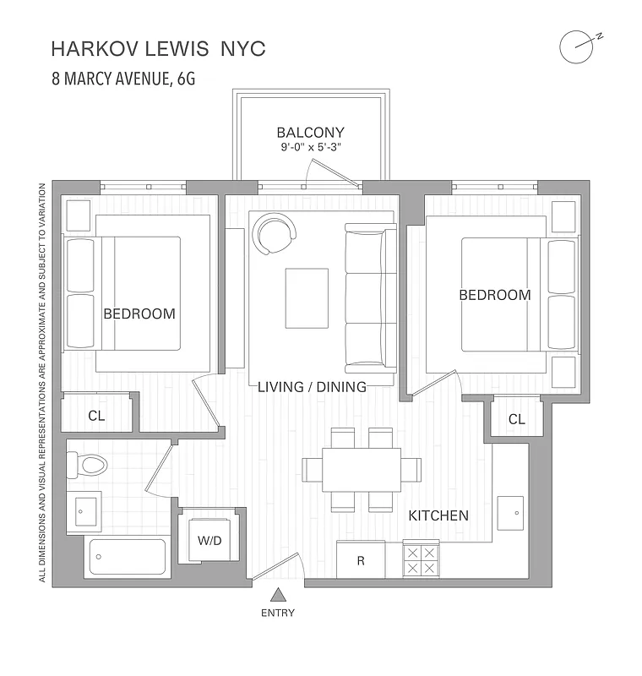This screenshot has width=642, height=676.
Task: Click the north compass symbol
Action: [576, 46]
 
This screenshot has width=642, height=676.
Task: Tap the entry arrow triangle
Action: [278, 594]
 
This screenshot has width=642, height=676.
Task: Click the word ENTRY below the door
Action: [278, 613]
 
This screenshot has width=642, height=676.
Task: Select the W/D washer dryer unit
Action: [209, 539]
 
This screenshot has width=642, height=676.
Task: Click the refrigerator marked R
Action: [361, 559]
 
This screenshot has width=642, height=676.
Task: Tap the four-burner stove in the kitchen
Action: [421, 559]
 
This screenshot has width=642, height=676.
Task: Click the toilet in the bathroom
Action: [88, 464]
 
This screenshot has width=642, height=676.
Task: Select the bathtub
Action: [128, 557]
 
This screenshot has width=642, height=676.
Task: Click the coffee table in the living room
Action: [307, 297]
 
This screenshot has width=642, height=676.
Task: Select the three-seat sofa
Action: [371, 297]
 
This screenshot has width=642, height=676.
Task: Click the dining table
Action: [351, 470]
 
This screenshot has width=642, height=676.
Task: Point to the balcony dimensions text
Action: [310, 148]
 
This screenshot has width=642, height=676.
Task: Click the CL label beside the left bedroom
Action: [96, 416]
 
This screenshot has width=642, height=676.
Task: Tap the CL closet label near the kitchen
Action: [516, 419]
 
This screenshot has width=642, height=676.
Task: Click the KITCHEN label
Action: [438, 515]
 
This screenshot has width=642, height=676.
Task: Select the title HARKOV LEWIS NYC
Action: [158, 49]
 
